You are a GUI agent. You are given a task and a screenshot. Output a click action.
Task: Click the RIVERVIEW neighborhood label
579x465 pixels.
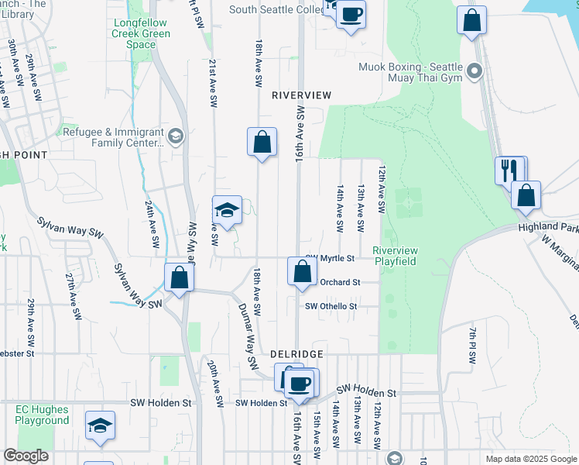tap(301, 95)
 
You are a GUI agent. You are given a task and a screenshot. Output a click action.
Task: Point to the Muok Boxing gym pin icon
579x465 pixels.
tap(475, 73)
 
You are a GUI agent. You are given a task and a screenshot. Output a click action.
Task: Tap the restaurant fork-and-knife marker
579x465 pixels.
tap(509, 170)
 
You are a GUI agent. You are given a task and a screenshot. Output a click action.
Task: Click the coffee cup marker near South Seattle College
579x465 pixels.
tap(351, 14)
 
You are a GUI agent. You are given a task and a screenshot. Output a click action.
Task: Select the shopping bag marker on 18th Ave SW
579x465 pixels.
tap(262, 142)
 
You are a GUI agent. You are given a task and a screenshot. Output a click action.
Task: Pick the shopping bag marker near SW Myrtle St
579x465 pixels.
tap(302, 271)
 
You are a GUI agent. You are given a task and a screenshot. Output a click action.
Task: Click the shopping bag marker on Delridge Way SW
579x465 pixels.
tap(178, 277)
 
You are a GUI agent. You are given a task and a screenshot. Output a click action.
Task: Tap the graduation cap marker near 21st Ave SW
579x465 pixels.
tap(227, 210)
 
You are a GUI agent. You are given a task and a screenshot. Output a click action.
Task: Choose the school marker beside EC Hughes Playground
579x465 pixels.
tap(99, 425)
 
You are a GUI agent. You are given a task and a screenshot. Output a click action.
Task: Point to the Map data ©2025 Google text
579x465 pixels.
tap(530, 459)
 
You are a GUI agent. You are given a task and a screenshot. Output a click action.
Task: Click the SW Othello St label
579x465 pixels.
tap(331, 306)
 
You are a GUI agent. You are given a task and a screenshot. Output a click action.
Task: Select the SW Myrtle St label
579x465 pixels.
tap(331, 258)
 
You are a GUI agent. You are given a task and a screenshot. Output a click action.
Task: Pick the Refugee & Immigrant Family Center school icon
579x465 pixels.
tap(176, 137)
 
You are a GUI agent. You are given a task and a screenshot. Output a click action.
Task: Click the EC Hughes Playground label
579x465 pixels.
tap(42, 415)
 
